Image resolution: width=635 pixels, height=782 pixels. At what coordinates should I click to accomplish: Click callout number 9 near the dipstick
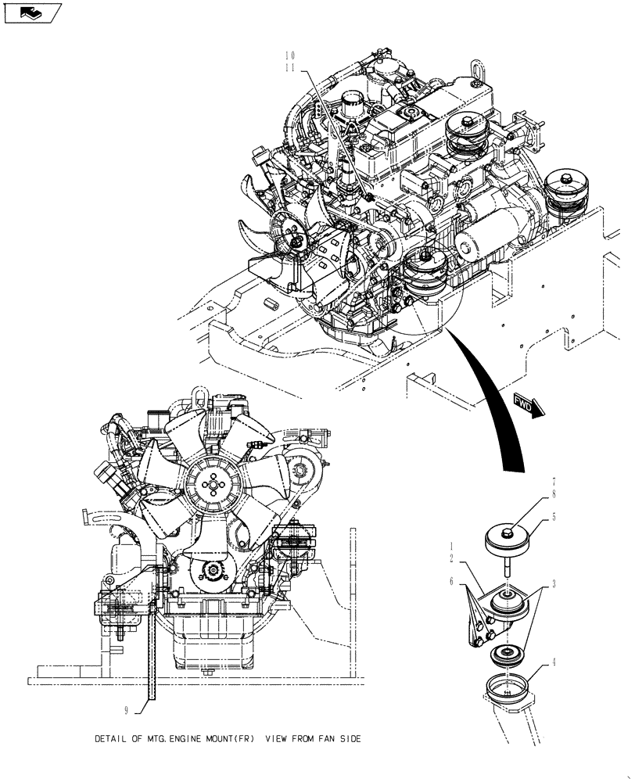pyautogui.click(x=127, y=710)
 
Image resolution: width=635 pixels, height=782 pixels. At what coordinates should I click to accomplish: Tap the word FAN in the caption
pyautogui.click(x=316, y=738)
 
